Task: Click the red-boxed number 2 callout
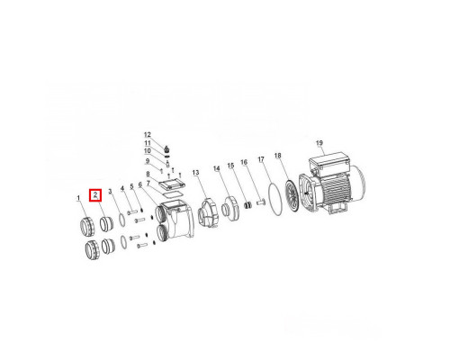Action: (95, 195)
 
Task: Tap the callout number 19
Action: (319, 143)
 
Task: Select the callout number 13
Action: (195, 173)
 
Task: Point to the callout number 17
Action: (261, 159)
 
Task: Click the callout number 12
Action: (148, 135)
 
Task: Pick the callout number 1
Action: (78, 198)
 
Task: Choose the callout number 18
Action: (278, 156)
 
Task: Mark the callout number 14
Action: (217, 169)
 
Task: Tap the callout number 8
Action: (148, 175)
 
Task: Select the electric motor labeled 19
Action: (332, 184)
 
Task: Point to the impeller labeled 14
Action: (231, 208)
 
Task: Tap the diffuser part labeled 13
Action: (207, 212)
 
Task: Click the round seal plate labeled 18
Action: (291, 196)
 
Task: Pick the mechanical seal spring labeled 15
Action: (247, 205)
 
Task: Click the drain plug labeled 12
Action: (166, 148)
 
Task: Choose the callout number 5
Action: (131, 186)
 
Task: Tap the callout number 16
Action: (244, 162)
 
